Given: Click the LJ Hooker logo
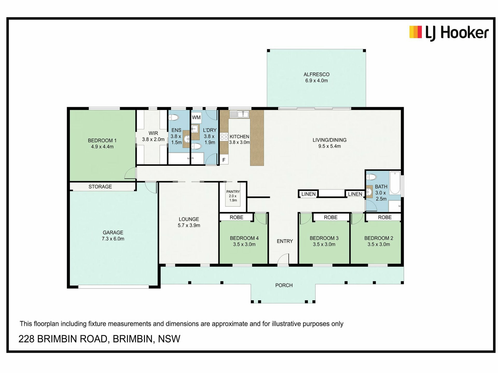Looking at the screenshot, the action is [x=449, y=33].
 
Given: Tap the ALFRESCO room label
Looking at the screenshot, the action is [x=316, y=75].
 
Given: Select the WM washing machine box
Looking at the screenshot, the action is [x=196, y=118].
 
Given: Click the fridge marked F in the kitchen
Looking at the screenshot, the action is [x=224, y=160].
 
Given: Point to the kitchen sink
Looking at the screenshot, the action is [x=239, y=114].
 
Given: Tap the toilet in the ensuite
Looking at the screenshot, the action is [x=174, y=118].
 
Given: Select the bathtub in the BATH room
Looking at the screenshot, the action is [x=395, y=182].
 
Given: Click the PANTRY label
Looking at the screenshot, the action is [x=233, y=192].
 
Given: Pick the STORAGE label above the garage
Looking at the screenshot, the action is [x=100, y=187].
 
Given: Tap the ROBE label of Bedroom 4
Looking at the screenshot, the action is [x=237, y=217].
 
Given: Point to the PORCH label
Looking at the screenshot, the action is [x=284, y=285].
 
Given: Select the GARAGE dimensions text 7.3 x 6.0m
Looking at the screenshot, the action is [x=113, y=239].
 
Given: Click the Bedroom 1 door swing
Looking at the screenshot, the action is [x=130, y=173].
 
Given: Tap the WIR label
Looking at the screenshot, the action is [x=153, y=133].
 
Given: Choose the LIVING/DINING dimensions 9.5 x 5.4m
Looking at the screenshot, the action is [x=329, y=146].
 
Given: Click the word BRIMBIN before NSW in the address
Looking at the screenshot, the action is [x=133, y=339].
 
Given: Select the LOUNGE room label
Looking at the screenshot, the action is [x=189, y=219].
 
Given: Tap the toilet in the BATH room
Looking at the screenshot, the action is [x=371, y=177].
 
